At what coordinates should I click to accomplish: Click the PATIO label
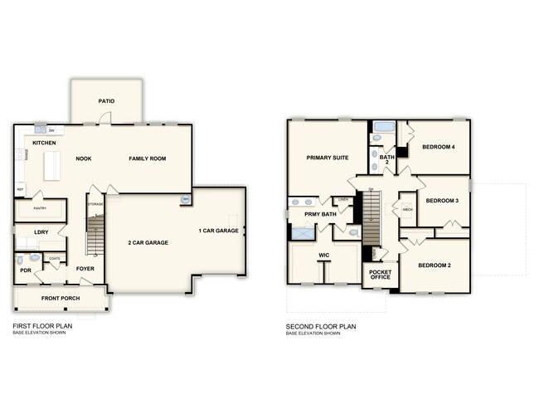106,101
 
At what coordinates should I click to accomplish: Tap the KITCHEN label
45,144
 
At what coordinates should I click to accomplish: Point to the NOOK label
83,158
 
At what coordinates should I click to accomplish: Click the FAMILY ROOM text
147,158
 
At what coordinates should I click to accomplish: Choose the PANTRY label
39,209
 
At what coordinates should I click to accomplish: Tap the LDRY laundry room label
41,231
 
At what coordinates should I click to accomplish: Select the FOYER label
85,269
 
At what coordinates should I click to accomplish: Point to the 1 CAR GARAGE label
216,230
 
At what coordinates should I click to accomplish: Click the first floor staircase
97,233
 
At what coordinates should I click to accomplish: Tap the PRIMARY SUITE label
327,157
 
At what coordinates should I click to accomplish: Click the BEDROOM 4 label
439,148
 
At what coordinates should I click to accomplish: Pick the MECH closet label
407,210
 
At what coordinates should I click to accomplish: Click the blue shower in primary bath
302,236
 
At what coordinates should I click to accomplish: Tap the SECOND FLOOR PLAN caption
321,327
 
